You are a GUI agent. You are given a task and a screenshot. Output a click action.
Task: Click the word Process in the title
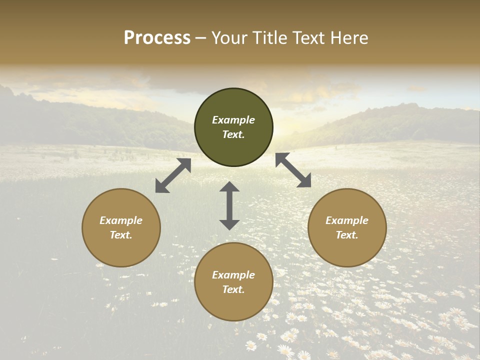(157, 38)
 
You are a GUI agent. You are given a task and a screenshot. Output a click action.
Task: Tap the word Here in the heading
(348, 38)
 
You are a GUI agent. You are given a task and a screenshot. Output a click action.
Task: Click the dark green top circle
(233, 102)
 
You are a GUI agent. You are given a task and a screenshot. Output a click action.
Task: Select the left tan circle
(121, 245)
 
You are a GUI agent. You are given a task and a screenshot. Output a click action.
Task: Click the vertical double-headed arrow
(229, 205)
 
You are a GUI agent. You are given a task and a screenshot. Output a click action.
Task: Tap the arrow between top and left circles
(173, 175)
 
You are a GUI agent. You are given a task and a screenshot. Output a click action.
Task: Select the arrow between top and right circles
(293, 170)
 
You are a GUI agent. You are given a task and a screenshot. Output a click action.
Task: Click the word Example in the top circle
(233, 120)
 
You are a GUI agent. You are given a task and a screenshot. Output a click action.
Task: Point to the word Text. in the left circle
(121, 235)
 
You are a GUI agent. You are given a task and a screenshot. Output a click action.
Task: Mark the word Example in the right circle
(347, 220)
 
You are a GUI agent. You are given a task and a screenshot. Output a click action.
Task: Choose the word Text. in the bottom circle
(233, 289)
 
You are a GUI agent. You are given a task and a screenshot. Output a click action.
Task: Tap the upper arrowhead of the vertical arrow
(229, 186)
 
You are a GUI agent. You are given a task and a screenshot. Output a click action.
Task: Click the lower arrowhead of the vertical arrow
(229, 224)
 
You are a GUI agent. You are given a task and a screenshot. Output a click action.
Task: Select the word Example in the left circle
(121, 220)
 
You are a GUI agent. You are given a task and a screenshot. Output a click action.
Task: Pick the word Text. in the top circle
(233, 134)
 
